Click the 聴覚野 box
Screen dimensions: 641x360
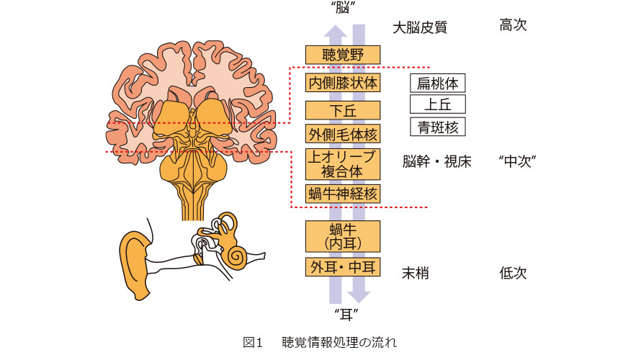pyautogui.click(x=343, y=55)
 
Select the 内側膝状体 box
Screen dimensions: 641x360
pyautogui.click(x=343, y=83)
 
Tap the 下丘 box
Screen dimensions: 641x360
pyautogui.click(x=343, y=110)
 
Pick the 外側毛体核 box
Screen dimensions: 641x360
pyautogui.click(x=343, y=134)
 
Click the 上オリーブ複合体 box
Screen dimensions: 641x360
pyautogui.click(x=343, y=164)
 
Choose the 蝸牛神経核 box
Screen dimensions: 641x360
pyautogui.click(x=343, y=194)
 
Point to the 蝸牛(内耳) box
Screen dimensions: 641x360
pyautogui.click(x=343, y=237)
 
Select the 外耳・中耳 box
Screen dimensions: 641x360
pyautogui.click(x=343, y=267)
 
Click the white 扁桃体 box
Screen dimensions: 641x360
pyautogui.click(x=437, y=83)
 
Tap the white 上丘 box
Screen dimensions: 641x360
pyautogui.click(x=437, y=104)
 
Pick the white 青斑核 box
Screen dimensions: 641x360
pyautogui.click(x=437, y=127)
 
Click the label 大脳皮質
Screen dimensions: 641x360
pyautogui.click(x=420, y=28)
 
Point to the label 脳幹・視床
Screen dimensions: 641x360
pyautogui.click(x=436, y=162)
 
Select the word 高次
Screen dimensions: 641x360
pyautogui.click(x=513, y=25)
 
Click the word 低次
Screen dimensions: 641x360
pyautogui.click(x=513, y=273)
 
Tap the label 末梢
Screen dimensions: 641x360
pyautogui.click(x=416, y=273)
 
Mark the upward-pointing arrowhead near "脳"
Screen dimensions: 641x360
pyautogui.click(x=336, y=32)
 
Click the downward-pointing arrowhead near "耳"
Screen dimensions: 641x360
pyautogui.click(x=359, y=297)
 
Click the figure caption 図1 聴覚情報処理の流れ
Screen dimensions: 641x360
pyautogui.click(x=320, y=343)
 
